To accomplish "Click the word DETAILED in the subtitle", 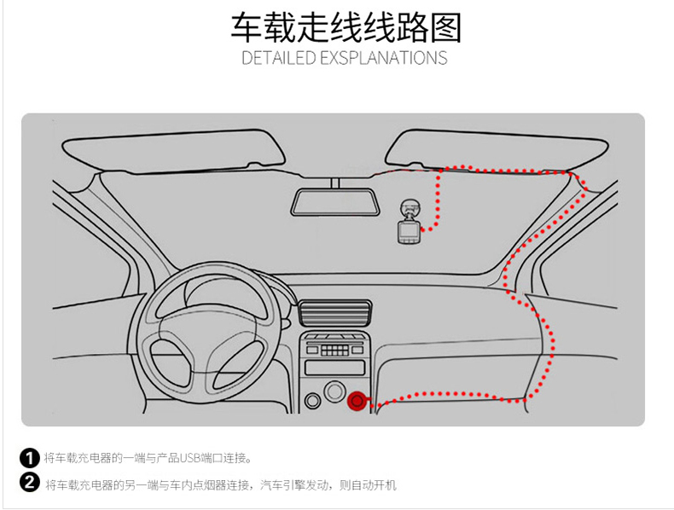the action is tap(277, 59).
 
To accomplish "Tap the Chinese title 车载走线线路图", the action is tap(346, 27).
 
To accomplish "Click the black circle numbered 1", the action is tap(30, 458).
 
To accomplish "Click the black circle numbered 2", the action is tap(30, 484).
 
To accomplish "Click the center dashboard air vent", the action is tap(336, 312).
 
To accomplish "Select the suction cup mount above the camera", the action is tap(410, 208).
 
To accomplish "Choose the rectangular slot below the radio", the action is tap(334, 367).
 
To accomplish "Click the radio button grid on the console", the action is tap(335, 348).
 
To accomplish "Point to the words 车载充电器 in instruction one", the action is tap(77, 459).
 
